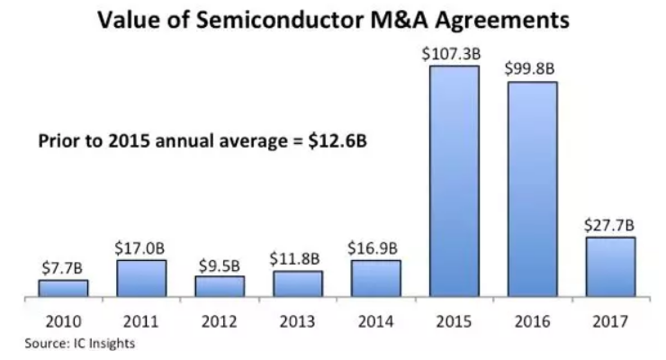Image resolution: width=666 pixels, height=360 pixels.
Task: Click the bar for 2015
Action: click(454, 181)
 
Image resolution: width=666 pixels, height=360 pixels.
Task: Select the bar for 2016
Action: click(532, 189)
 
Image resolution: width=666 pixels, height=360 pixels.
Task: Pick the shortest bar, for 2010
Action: click(63, 288)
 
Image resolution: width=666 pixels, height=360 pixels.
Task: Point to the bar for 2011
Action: click(141, 278)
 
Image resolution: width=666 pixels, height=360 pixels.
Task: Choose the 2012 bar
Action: click(219, 286)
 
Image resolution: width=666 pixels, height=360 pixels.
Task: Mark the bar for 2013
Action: click(298, 283)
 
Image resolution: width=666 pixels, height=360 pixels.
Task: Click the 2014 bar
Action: click(376, 278)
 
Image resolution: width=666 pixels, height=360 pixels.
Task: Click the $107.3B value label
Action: click(454, 53)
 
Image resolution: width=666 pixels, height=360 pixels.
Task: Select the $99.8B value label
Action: click(532, 67)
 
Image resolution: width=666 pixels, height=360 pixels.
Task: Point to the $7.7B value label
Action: click(63, 267)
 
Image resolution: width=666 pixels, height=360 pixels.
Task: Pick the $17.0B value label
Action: click(141, 247)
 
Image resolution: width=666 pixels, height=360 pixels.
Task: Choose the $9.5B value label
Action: click(219, 265)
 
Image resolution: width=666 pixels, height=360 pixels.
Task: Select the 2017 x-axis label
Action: click(610, 321)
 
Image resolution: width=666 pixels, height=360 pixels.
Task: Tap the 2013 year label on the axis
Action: click(298, 321)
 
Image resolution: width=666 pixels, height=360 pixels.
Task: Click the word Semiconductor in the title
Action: click(285, 21)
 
